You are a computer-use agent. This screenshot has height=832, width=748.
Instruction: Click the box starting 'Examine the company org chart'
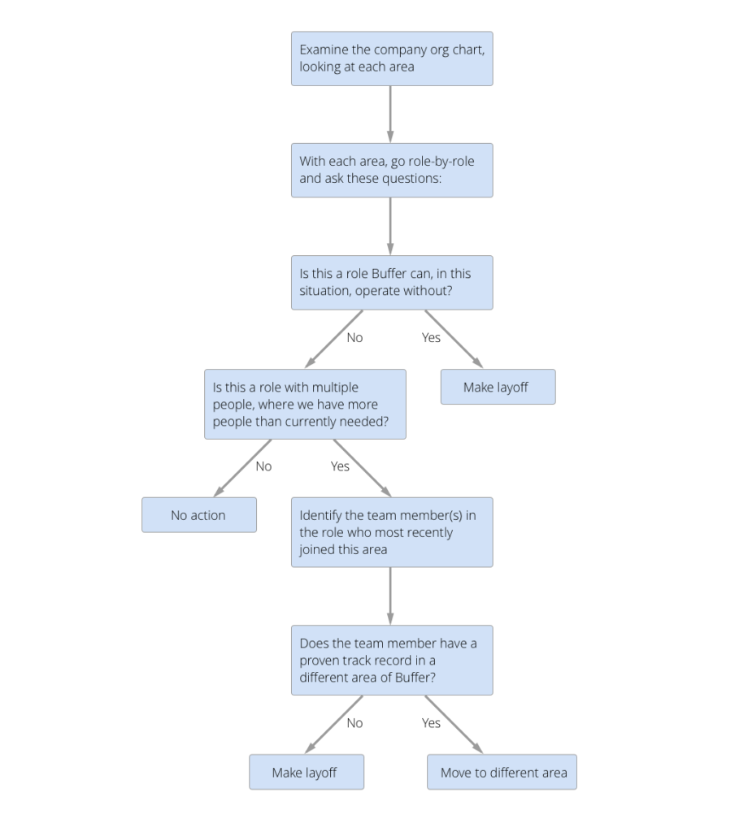[391, 58]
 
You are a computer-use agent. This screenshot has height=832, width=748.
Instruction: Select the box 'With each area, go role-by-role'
[391, 170]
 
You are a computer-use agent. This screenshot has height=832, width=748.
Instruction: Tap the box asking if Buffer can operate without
[391, 283]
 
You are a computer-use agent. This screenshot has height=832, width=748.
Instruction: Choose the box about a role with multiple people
[305, 404]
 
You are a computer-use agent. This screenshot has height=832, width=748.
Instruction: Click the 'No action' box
[198, 515]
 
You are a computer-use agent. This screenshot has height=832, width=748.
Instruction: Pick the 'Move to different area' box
[502, 772]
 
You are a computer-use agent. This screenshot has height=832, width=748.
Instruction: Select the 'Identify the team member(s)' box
[391, 532]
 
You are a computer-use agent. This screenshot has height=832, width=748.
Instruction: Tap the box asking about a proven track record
[391, 660]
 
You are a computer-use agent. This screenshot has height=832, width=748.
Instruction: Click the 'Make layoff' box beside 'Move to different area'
[307, 772]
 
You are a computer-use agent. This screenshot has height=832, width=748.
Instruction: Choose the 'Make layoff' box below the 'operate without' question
[497, 388]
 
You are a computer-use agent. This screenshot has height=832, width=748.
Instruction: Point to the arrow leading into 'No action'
[243, 468]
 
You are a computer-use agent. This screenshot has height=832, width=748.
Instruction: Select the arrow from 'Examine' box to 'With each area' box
[390, 114]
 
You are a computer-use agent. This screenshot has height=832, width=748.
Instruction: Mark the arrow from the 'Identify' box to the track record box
[390, 596]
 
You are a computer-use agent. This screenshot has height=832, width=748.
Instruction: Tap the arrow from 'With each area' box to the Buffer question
[390, 226]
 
